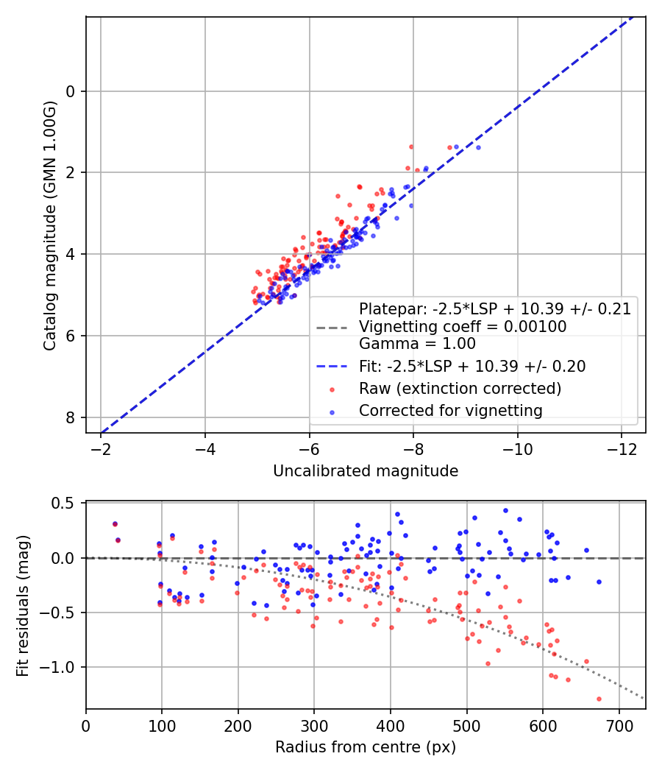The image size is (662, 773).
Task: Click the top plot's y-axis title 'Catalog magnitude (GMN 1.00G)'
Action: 50,226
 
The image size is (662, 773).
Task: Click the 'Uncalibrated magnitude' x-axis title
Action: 366,471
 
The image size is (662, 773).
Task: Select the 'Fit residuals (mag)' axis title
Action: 23,606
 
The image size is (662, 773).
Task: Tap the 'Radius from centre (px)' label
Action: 366,747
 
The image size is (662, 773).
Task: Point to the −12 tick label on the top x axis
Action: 622,450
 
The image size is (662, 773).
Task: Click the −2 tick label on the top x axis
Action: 102,450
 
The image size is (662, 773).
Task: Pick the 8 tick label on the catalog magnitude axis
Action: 71,417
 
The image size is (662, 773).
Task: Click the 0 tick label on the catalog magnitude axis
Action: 71,92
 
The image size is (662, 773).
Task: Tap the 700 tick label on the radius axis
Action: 619,726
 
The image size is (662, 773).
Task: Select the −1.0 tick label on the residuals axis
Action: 56,667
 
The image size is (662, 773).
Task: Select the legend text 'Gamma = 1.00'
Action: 417,343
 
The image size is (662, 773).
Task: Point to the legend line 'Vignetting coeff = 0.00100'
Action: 463,326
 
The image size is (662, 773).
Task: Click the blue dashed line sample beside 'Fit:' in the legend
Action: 332,367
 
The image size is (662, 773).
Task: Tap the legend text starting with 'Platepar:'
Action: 495,308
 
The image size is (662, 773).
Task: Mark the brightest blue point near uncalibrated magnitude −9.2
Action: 478,148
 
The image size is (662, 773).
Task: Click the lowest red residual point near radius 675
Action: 599,699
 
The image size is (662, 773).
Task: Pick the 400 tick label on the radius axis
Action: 391,726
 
